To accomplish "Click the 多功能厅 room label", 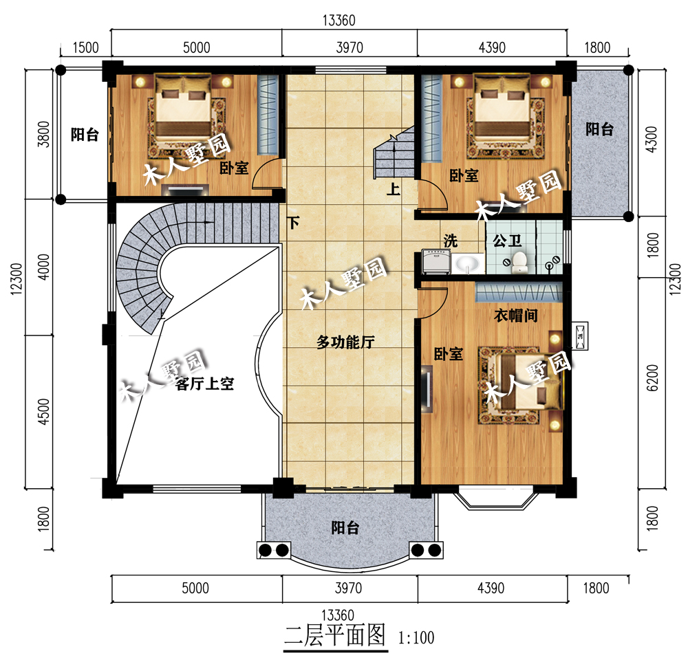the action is tap(345, 342).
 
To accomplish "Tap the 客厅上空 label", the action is tap(204, 384).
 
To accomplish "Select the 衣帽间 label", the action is tap(516, 316).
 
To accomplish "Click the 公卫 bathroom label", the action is tap(507, 241).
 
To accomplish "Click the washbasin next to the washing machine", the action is tap(466, 263).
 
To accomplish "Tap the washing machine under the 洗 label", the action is tap(436, 262).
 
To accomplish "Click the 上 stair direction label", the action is tap(393, 189).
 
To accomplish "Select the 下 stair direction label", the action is tap(293, 223).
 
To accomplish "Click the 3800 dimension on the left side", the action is tap(44, 134).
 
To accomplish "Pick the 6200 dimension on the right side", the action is tap(652, 378).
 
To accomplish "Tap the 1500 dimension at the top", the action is tap(85, 47).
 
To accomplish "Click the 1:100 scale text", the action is tap(416, 637).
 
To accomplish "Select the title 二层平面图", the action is tap(335, 635).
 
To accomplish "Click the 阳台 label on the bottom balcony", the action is tap(345, 527).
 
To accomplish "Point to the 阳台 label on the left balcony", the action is tap(85, 134).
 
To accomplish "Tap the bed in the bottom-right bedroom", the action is tap(523, 382).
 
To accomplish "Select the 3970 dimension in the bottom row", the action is tap(348, 588).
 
